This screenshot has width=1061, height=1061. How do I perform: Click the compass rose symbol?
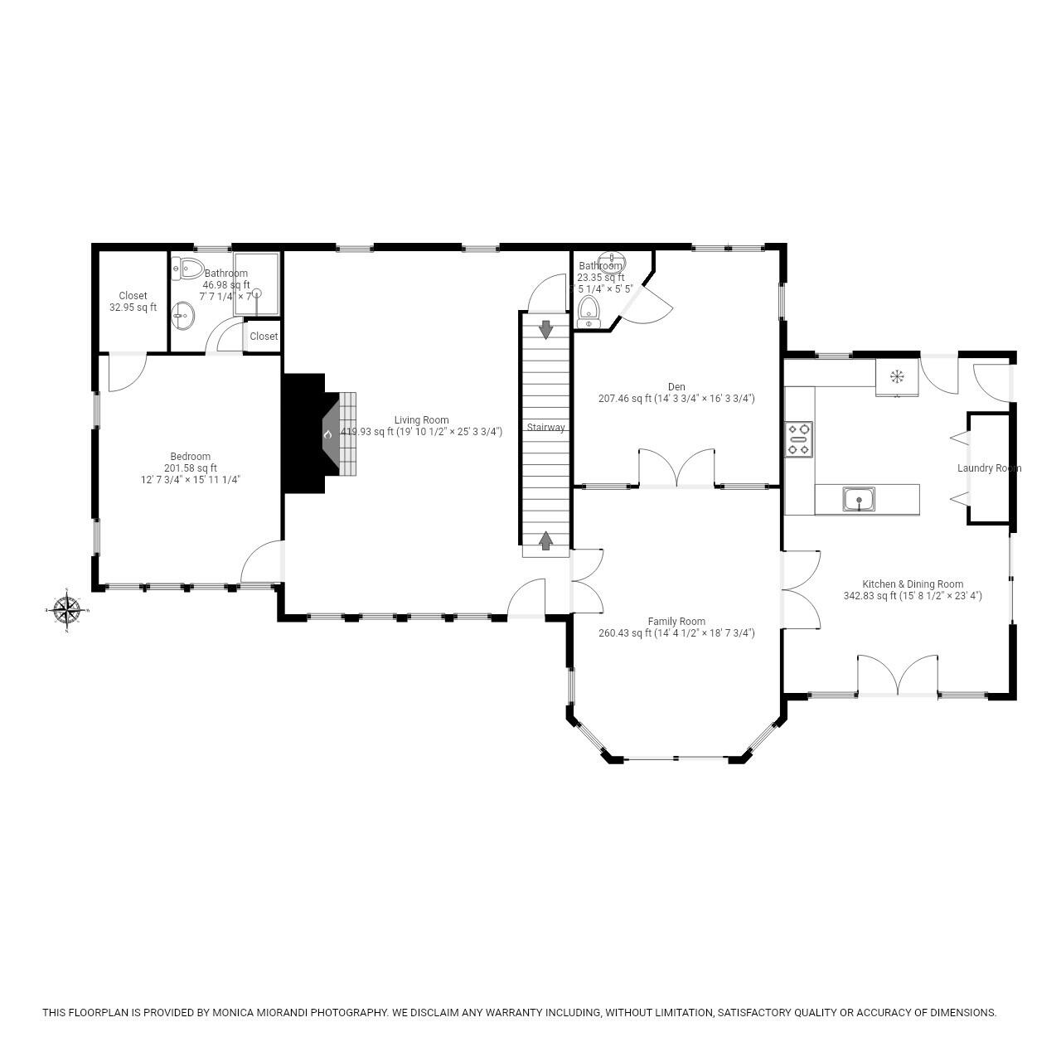click(66, 611)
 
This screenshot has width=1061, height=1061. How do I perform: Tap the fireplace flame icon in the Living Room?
click(328, 434)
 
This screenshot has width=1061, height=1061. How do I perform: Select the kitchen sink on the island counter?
click(859, 499)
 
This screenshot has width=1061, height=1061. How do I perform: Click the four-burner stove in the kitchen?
click(799, 439)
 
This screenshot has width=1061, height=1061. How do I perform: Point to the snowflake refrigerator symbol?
click(897, 377)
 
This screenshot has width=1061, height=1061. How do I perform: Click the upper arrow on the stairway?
click(546, 329)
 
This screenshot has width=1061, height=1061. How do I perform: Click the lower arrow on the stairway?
click(546, 540)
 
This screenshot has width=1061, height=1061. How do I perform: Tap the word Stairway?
click(546, 428)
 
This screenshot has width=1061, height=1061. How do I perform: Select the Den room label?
click(676, 386)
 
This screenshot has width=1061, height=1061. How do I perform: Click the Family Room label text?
click(676, 621)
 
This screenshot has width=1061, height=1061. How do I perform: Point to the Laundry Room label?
click(989, 468)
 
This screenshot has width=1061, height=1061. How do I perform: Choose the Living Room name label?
click(421, 420)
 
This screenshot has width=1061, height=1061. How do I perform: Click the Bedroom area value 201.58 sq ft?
click(190, 468)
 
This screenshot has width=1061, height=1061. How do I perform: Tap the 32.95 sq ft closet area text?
click(133, 308)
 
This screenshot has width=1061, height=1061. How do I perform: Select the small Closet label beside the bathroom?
click(264, 337)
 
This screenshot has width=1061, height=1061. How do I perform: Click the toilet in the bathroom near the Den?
click(589, 311)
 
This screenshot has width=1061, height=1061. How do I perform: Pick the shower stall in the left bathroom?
click(257, 284)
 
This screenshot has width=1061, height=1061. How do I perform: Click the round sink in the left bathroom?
click(183, 315)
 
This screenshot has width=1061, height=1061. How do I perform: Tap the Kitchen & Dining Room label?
click(913, 584)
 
